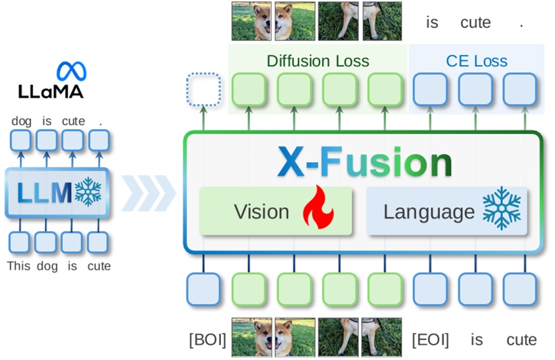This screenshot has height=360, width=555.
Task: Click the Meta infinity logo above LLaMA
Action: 71,71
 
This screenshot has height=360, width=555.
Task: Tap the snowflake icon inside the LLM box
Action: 89,192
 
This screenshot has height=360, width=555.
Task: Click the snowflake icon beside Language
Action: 502,210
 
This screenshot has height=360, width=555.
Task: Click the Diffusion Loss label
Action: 318,61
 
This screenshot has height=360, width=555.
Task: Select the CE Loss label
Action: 477,61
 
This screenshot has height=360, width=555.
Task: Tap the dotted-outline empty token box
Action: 203,90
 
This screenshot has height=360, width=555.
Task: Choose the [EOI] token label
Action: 430,339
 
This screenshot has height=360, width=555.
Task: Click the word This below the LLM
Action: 19,265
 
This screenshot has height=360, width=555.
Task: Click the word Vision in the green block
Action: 261,211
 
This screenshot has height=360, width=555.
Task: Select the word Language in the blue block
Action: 429,211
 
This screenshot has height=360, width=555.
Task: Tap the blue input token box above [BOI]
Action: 203,289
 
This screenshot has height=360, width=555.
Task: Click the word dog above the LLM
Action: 21,121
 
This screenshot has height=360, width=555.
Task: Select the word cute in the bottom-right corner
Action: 521,339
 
